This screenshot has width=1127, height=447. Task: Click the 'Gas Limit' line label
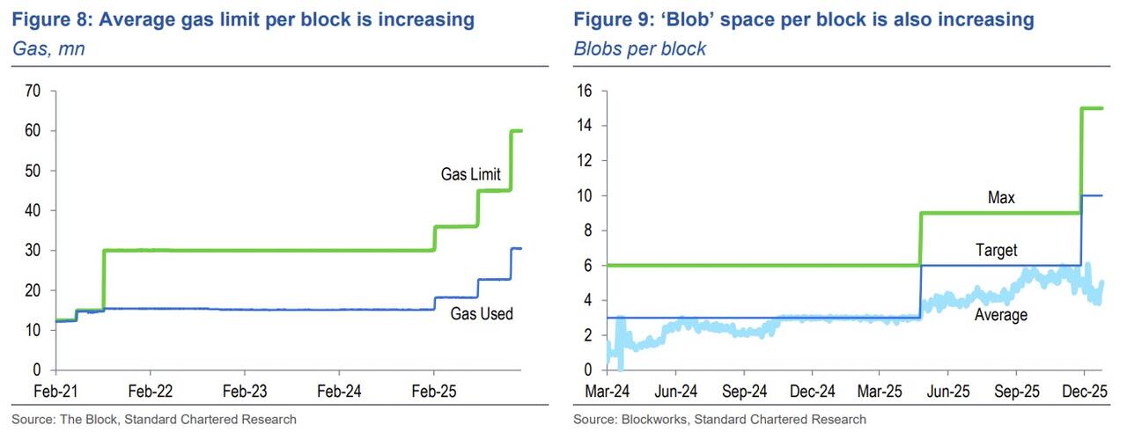(x=470, y=174)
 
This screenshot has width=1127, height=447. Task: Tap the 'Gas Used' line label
(x=482, y=313)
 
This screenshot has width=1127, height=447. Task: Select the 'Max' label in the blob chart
(x=1000, y=198)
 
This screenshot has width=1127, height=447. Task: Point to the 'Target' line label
(x=996, y=251)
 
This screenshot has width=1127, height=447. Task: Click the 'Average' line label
(x=1000, y=314)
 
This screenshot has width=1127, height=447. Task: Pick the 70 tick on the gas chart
(x=34, y=91)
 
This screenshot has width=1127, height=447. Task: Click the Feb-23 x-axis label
(x=246, y=390)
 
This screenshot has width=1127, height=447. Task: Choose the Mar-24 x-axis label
(x=607, y=390)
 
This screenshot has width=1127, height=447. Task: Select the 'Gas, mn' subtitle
(x=48, y=49)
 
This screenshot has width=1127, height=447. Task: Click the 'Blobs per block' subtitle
(x=639, y=49)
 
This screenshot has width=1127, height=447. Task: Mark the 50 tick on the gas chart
(x=34, y=171)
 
